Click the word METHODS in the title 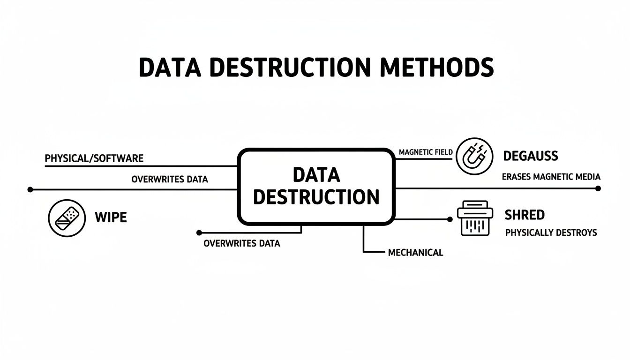click(437, 67)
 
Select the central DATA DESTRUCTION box click(316, 186)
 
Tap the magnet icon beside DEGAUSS click(474, 157)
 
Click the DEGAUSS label click(530, 156)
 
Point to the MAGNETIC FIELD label click(426, 152)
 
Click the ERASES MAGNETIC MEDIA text click(551, 177)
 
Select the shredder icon click(475, 218)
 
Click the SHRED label click(525, 215)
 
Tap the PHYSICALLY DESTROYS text click(551, 232)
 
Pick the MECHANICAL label click(415, 253)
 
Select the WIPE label click(111, 217)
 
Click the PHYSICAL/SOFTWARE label click(94, 158)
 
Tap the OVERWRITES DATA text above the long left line click(169, 179)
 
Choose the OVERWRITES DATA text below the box click(241, 244)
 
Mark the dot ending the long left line click(30, 189)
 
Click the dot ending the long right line click(598, 188)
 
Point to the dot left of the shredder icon click(449, 219)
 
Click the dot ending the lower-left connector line click(199, 232)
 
